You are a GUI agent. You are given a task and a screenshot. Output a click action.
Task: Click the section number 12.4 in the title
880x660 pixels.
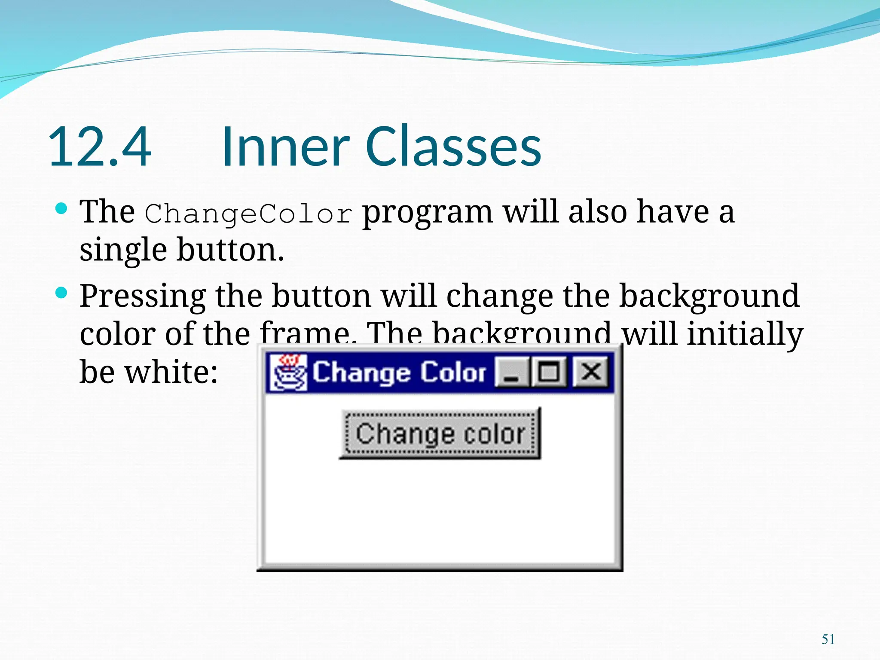click(100, 147)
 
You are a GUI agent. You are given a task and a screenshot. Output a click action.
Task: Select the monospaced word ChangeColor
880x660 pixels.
click(248, 214)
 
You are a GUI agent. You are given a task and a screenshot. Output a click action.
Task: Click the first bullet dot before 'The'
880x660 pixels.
click(62, 209)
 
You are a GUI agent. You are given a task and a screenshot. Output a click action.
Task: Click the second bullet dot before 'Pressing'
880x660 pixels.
click(62, 293)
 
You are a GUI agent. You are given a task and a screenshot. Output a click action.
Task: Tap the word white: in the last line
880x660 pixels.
click(171, 372)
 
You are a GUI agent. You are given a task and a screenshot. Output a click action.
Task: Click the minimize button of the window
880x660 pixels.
click(511, 373)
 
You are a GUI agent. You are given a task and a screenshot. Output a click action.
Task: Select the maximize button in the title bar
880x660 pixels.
click(550, 372)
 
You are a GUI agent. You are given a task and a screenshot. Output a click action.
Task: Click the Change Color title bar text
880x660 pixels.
click(399, 373)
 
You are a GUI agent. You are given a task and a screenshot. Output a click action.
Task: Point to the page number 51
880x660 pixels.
click(828, 639)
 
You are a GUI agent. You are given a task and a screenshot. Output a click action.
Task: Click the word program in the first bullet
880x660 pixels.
click(427, 214)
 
